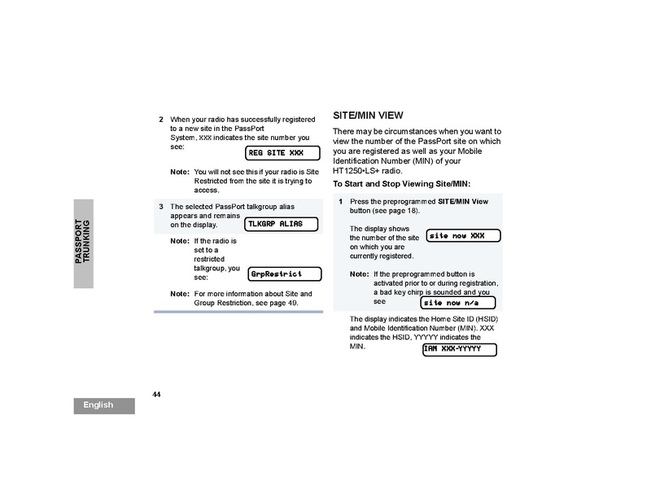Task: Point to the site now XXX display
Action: (462, 235)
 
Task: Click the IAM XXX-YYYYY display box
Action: (459, 349)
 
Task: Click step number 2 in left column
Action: (161, 119)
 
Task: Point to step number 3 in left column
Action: (161, 206)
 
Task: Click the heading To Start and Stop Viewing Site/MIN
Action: (402, 184)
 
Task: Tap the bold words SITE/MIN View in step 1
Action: (463, 200)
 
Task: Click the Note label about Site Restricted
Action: (179, 173)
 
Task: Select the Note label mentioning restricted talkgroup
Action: (179, 242)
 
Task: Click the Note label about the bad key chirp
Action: (359, 273)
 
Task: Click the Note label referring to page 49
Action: (179, 293)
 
